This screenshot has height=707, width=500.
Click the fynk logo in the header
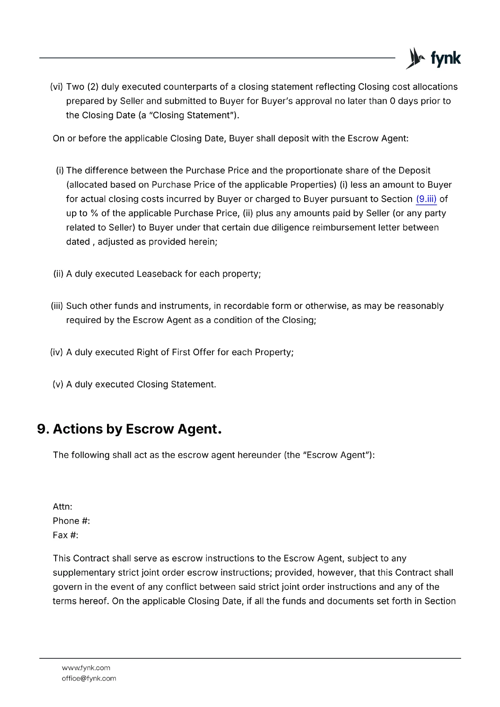tap(433, 58)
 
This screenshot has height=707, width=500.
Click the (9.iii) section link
tap(426, 199)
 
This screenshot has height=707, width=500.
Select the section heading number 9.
tap(43, 429)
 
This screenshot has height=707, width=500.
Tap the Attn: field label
tap(62, 507)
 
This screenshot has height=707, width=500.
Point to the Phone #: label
tap(71, 521)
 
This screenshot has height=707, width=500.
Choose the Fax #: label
tap(65, 535)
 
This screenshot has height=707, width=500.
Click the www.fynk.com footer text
tap(86, 668)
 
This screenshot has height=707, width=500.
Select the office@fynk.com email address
tap(89, 679)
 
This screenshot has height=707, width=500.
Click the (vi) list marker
tap(57, 87)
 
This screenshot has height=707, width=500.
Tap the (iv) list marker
tap(57, 353)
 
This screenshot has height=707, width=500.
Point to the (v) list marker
tap(58, 384)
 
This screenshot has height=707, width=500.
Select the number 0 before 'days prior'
tap(393, 101)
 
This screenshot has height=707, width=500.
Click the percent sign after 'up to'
tap(94, 213)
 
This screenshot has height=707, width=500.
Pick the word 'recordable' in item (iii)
tap(246, 306)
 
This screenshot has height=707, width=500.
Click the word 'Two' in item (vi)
tap(75, 87)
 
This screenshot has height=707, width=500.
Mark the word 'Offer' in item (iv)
tap(204, 353)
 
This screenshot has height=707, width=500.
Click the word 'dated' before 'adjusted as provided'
tap(78, 242)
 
